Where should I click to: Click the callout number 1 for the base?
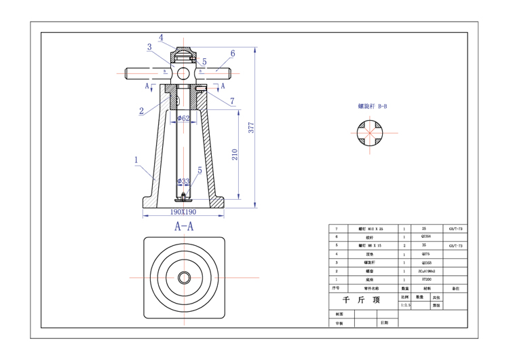coord(136,161)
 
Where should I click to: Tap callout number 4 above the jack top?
coord(162,37)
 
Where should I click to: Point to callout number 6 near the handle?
coord(232,53)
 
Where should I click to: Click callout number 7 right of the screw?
coord(232,101)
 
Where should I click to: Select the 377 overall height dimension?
coord(251,129)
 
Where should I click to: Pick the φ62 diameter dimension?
coord(183,118)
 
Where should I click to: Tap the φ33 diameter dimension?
coord(183,181)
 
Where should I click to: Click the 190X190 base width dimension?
coord(183,211)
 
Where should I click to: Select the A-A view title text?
coord(184,226)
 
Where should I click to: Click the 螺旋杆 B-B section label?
coord(373,106)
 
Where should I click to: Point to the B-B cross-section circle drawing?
coord(369,133)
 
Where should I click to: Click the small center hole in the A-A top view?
coord(184,278)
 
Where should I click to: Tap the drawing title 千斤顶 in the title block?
coord(361,300)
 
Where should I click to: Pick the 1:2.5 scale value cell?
coord(406,306)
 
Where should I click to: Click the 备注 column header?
coord(455,288)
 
